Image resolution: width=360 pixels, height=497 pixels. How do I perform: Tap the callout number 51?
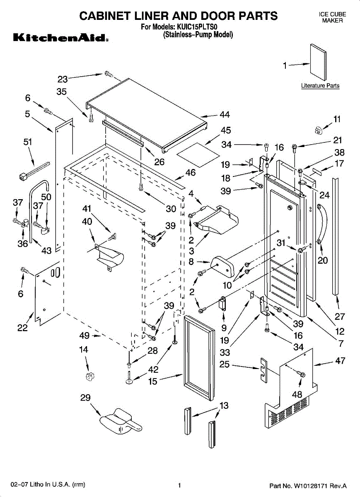[x=27, y=142]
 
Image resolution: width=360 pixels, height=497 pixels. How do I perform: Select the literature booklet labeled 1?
[x=319, y=62]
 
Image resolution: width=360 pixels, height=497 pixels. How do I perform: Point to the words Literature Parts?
[x=320, y=86]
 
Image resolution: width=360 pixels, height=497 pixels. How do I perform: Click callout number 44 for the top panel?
[x=225, y=114]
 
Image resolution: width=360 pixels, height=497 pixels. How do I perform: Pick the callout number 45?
[x=226, y=130]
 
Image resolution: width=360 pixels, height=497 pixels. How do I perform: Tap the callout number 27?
[x=340, y=316]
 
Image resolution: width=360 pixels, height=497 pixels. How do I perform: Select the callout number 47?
[x=340, y=361]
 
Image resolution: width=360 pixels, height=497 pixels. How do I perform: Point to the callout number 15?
[x=153, y=381]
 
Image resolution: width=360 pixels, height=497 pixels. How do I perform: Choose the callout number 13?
[x=224, y=405]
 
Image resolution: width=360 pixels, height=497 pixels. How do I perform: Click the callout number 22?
[x=22, y=328]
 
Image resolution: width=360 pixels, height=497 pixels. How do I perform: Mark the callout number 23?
[x=63, y=79]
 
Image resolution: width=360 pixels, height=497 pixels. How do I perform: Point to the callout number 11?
[x=337, y=119]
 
